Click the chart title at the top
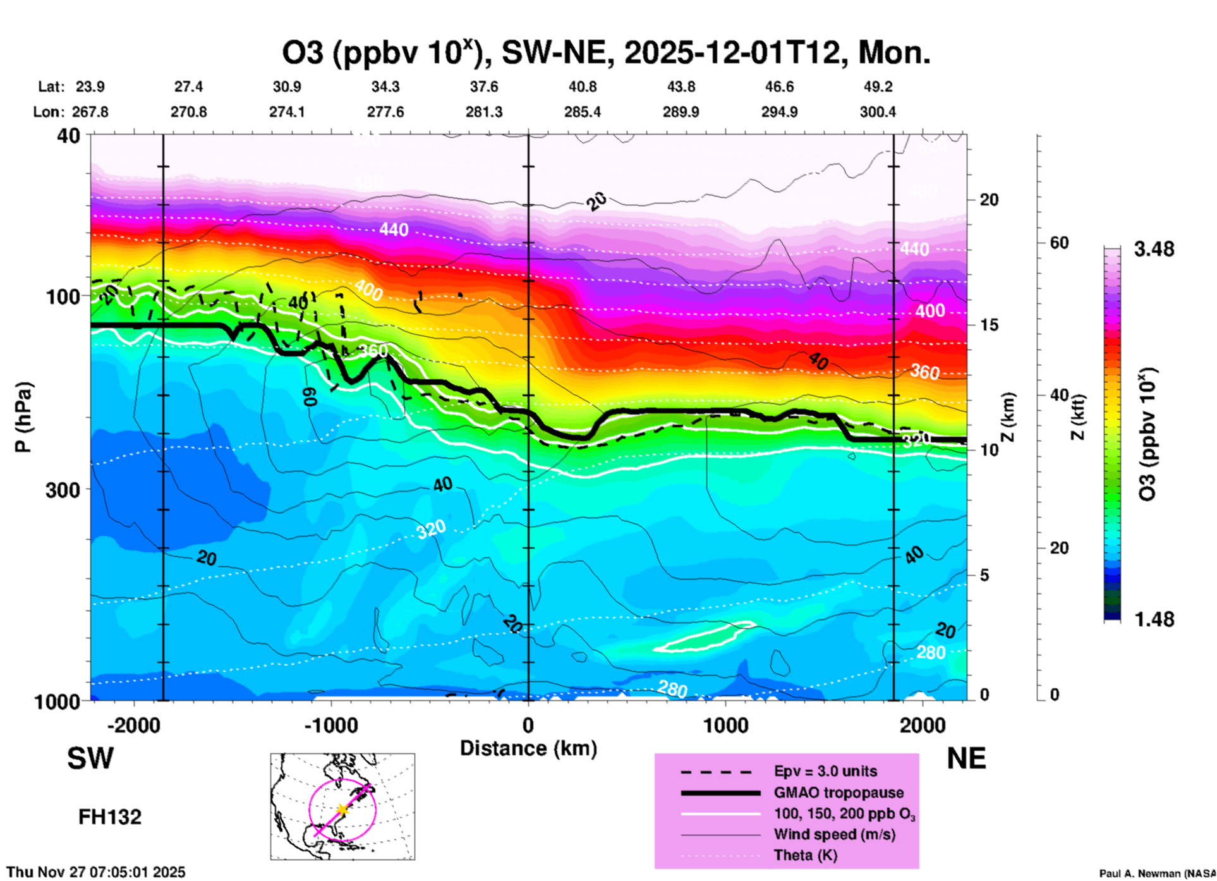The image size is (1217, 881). tap(605, 53)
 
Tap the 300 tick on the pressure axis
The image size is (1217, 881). tap(63, 490)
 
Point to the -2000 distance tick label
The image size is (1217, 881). tap(133, 726)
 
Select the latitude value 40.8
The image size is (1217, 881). tap(582, 87)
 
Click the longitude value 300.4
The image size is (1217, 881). tap(877, 112)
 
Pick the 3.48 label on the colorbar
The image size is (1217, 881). tap(1153, 250)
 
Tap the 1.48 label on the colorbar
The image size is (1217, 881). tap(1153, 619)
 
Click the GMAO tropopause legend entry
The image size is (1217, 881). tap(839, 793)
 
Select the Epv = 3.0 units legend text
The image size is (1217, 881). tap(825, 772)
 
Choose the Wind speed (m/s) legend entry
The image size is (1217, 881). tap(834, 834)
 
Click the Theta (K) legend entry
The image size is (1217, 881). tap(805, 855)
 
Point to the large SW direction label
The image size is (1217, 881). tap(90, 758)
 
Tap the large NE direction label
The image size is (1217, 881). tap(966, 758)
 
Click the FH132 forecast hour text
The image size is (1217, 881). tap(110, 817)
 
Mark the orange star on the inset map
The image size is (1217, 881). tap(342, 810)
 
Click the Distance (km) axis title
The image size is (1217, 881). tap(528, 748)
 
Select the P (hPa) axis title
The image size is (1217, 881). tap(23, 417)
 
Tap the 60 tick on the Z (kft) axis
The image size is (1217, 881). tap(1058, 243)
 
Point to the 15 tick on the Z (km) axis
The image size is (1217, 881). tap(989, 325)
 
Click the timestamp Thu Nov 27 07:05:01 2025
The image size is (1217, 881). tap(96, 872)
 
